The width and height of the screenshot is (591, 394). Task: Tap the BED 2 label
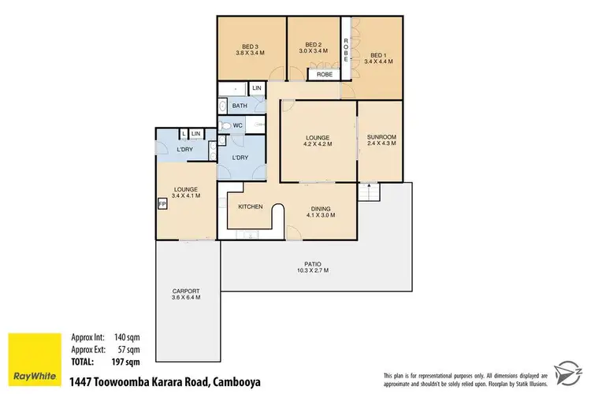pos(314,44)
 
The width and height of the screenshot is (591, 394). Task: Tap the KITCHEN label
pos(251,206)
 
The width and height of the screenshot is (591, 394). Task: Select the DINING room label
pos(320,208)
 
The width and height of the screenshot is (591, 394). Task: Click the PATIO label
pos(314,264)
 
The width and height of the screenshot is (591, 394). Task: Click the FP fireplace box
pos(162,203)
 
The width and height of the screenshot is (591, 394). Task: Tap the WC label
pos(237,125)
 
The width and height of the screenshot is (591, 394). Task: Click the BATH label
pos(240,106)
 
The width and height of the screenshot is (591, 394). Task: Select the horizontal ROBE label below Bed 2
pos(323,75)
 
